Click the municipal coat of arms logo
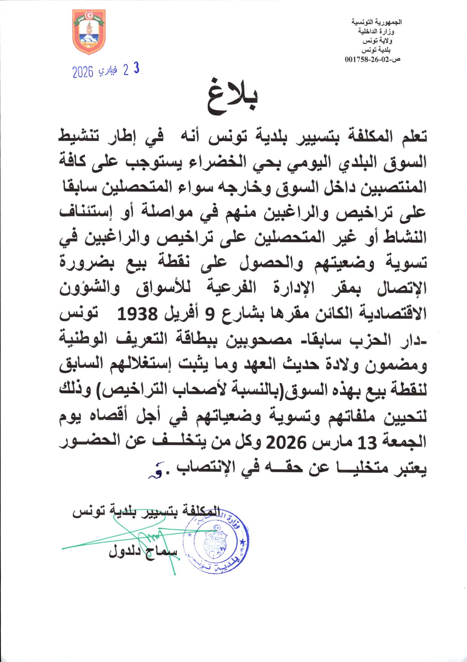point(89,32)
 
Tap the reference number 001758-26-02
point(369,59)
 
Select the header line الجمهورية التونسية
point(377,22)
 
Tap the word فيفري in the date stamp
point(107,71)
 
